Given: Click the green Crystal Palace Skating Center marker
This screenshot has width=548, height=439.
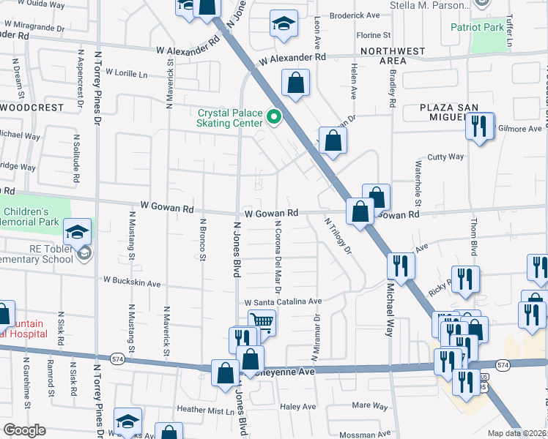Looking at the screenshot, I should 275,116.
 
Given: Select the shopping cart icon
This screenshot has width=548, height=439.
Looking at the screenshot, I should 262,322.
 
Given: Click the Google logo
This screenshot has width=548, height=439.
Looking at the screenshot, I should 24,430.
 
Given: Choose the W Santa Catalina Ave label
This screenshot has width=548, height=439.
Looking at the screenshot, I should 283,301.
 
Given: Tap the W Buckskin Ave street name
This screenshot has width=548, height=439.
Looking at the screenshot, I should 132,281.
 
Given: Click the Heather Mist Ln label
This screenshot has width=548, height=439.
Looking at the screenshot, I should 205,410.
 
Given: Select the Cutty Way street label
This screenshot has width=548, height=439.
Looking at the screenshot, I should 445,157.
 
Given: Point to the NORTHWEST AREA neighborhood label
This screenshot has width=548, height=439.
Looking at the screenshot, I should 393,56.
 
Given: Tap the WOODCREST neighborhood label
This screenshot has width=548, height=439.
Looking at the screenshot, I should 32,107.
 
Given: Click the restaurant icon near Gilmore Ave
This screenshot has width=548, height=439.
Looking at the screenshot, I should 479,127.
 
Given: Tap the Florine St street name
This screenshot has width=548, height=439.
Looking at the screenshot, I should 374,35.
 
